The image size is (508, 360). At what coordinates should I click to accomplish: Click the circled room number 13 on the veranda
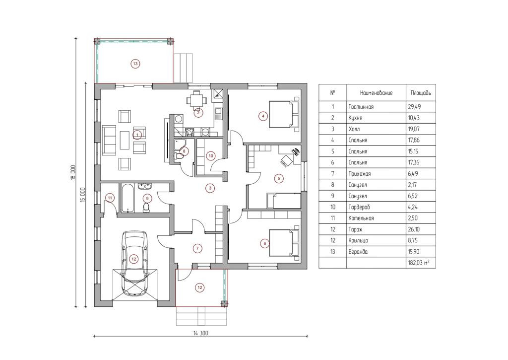point(135,64)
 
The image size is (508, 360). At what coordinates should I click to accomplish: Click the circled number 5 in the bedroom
point(279,178)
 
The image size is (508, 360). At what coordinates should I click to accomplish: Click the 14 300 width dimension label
point(201,333)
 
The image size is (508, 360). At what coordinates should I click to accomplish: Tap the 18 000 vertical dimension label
point(73,172)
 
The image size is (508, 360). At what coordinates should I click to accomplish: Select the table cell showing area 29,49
point(414,106)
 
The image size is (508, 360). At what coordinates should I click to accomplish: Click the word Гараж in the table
point(355,229)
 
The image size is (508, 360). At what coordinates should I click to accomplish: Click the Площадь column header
point(421,93)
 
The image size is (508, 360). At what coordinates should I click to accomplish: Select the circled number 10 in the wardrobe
point(211,156)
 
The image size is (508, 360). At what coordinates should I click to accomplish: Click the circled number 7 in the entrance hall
point(197,248)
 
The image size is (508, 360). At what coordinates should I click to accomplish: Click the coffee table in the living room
point(125,140)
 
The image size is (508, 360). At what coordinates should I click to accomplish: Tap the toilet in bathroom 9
point(146,208)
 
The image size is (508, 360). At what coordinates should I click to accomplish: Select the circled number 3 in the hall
point(210,188)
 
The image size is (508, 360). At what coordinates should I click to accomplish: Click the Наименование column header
point(376,93)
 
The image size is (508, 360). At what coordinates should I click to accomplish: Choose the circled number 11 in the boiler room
point(110,198)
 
